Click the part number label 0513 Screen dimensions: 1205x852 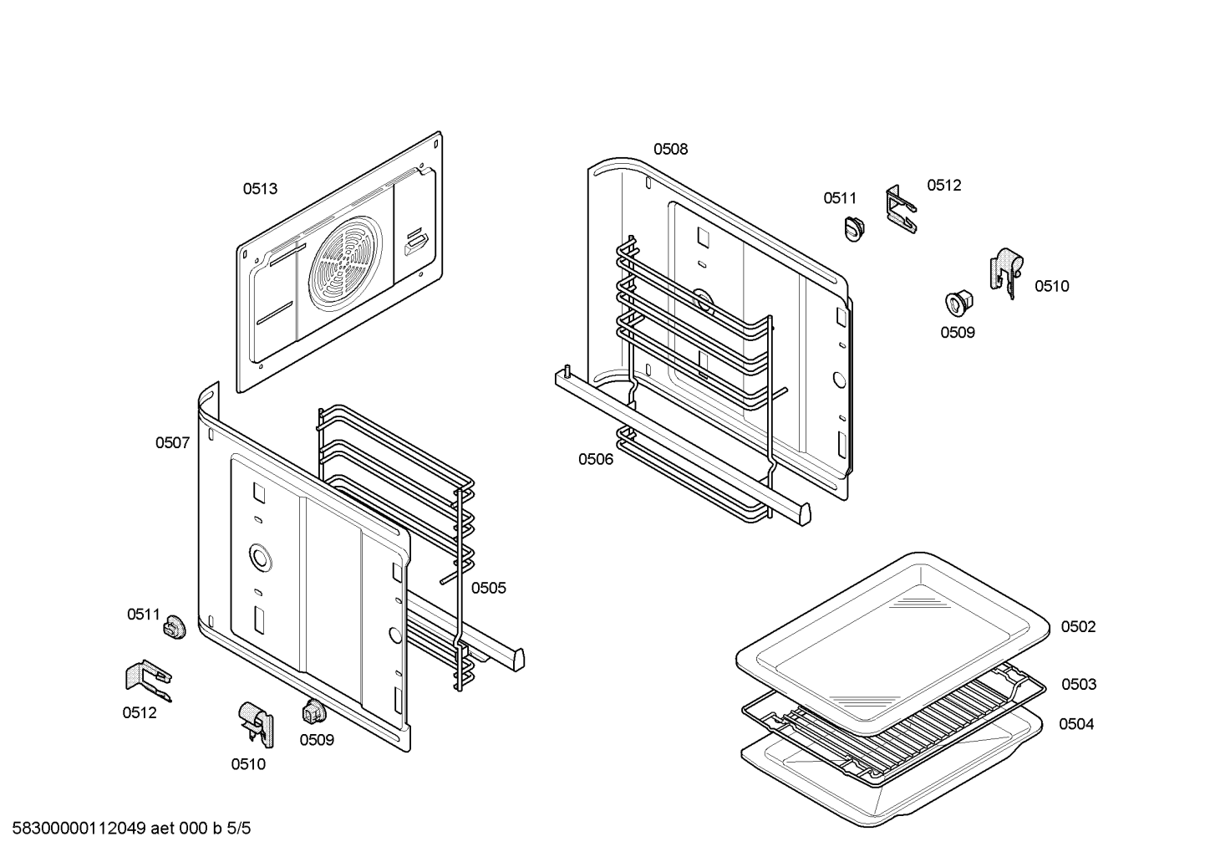coord(261,189)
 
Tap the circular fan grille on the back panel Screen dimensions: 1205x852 coord(346,263)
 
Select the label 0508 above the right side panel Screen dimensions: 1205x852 coord(671,149)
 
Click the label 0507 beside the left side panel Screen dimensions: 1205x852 coord(173,443)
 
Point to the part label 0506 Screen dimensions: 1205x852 coord(596,459)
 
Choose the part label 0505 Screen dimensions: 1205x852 coord(489,589)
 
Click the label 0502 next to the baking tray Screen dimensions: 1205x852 coord(1079,626)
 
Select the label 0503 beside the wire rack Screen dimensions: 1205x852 coord(1079,684)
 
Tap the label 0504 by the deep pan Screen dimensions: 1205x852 coord(1077,724)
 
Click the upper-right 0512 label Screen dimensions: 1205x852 coord(944,185)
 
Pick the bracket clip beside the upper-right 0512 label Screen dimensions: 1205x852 coord(901,209)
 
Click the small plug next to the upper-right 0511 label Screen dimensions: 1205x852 coord(854,228)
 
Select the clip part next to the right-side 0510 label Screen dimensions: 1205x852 coord(1006,273)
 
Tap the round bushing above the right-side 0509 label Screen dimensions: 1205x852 coord(958,304)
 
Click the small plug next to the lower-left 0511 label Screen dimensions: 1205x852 coord(175,626)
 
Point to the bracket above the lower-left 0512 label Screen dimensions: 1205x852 coord(149,681)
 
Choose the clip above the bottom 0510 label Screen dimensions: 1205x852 coord(256,724)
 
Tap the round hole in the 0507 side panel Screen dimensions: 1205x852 coord(261,557)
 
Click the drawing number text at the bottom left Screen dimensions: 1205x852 coord(131,829)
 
